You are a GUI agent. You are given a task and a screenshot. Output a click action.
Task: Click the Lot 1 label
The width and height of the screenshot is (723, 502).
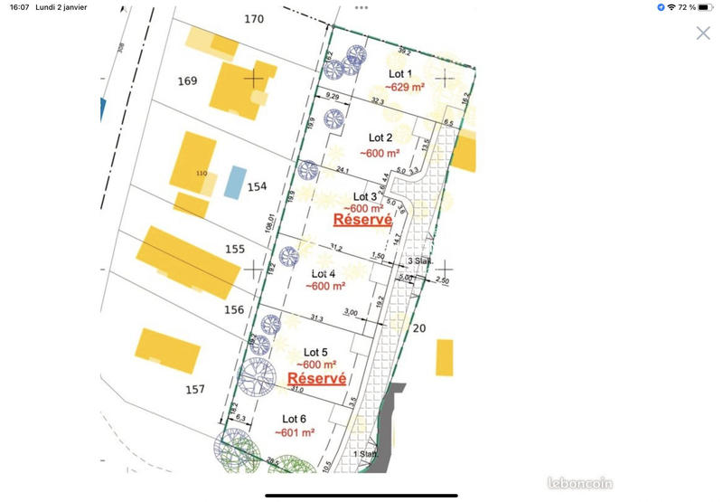coord(400,73)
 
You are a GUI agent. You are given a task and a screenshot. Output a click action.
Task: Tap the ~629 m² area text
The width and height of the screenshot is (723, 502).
coord(405,87)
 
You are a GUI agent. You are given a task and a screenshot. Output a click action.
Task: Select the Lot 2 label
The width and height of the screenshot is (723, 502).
coord(380,137)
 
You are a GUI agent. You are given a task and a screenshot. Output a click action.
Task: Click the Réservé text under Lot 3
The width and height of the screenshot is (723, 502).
coord(362,219)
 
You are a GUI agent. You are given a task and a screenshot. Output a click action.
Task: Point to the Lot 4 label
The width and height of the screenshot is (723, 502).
coord(324,273)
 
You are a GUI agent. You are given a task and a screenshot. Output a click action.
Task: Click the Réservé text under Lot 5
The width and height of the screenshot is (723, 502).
coord(316,378)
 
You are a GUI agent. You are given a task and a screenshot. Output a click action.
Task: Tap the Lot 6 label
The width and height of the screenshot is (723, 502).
coord(295,419)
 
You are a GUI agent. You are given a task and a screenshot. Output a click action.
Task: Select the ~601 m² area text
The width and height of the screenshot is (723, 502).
coord(295,433)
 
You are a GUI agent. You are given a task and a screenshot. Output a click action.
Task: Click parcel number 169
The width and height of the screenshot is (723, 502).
coord(187,81)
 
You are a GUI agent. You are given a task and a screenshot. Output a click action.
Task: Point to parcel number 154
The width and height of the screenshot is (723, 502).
coord(258,187)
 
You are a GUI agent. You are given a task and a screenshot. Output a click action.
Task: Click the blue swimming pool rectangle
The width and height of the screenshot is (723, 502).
coord(235,182)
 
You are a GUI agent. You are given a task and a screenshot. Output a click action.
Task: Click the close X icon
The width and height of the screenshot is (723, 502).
coord(703,33)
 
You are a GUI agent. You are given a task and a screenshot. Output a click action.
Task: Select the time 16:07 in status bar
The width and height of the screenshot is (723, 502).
coord(16,7)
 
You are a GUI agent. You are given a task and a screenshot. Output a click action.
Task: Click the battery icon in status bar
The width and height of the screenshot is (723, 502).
coord(709,7)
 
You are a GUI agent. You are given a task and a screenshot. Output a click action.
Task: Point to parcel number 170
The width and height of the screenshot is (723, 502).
coord(254,19)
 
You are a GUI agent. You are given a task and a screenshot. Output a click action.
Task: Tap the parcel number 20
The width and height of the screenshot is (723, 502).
coord(418,328)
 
